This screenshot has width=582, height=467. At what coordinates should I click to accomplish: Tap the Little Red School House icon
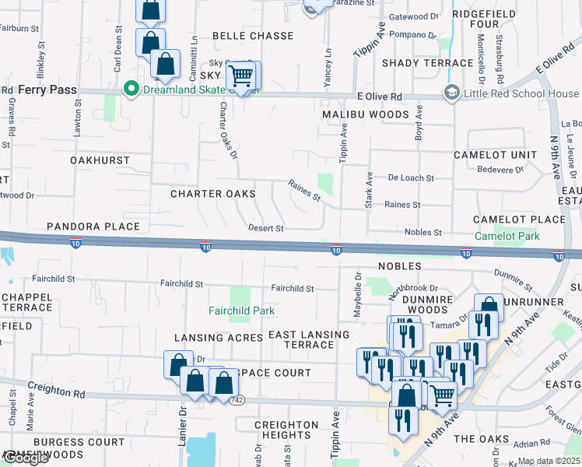(451, 93)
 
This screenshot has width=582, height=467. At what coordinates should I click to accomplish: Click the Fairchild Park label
(241, 311)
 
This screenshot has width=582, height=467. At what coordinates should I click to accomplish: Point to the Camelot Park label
(507, 235)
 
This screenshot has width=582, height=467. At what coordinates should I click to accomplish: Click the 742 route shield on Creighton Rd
(237, 400)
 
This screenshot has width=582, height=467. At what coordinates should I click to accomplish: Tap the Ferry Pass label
(47, 90)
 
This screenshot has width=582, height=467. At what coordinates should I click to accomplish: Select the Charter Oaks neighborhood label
(212, 194)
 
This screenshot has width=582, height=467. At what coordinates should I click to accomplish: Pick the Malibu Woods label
(366, 114)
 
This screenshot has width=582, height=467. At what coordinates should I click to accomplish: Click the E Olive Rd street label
(379, 97)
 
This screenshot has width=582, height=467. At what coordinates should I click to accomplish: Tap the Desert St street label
(265, 229)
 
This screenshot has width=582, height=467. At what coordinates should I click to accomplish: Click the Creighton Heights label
(287, 430)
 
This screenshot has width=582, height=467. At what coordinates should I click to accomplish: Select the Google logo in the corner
(25, 458)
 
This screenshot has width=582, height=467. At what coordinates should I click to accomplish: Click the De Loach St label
(411, 177)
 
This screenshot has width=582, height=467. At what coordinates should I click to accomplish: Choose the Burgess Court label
(79, 442)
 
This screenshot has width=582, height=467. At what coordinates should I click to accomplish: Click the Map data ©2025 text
(548, 461)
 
